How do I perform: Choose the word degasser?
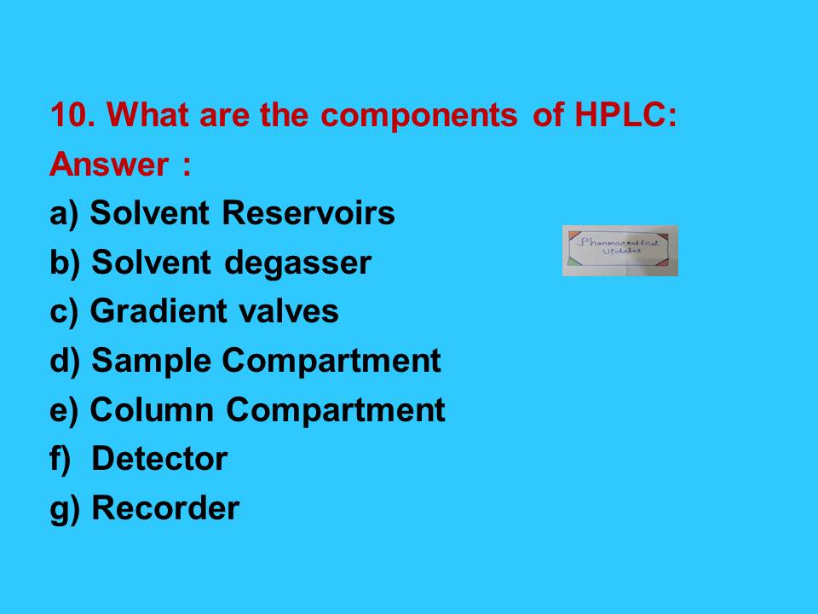[298, 264]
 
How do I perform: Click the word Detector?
[159, 460]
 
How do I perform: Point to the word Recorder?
[165, 509]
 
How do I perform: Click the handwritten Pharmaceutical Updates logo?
[619, 251]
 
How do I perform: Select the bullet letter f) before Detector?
[60, 460]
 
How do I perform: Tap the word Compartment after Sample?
[331, 362]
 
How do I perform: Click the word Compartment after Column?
[335, 410]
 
